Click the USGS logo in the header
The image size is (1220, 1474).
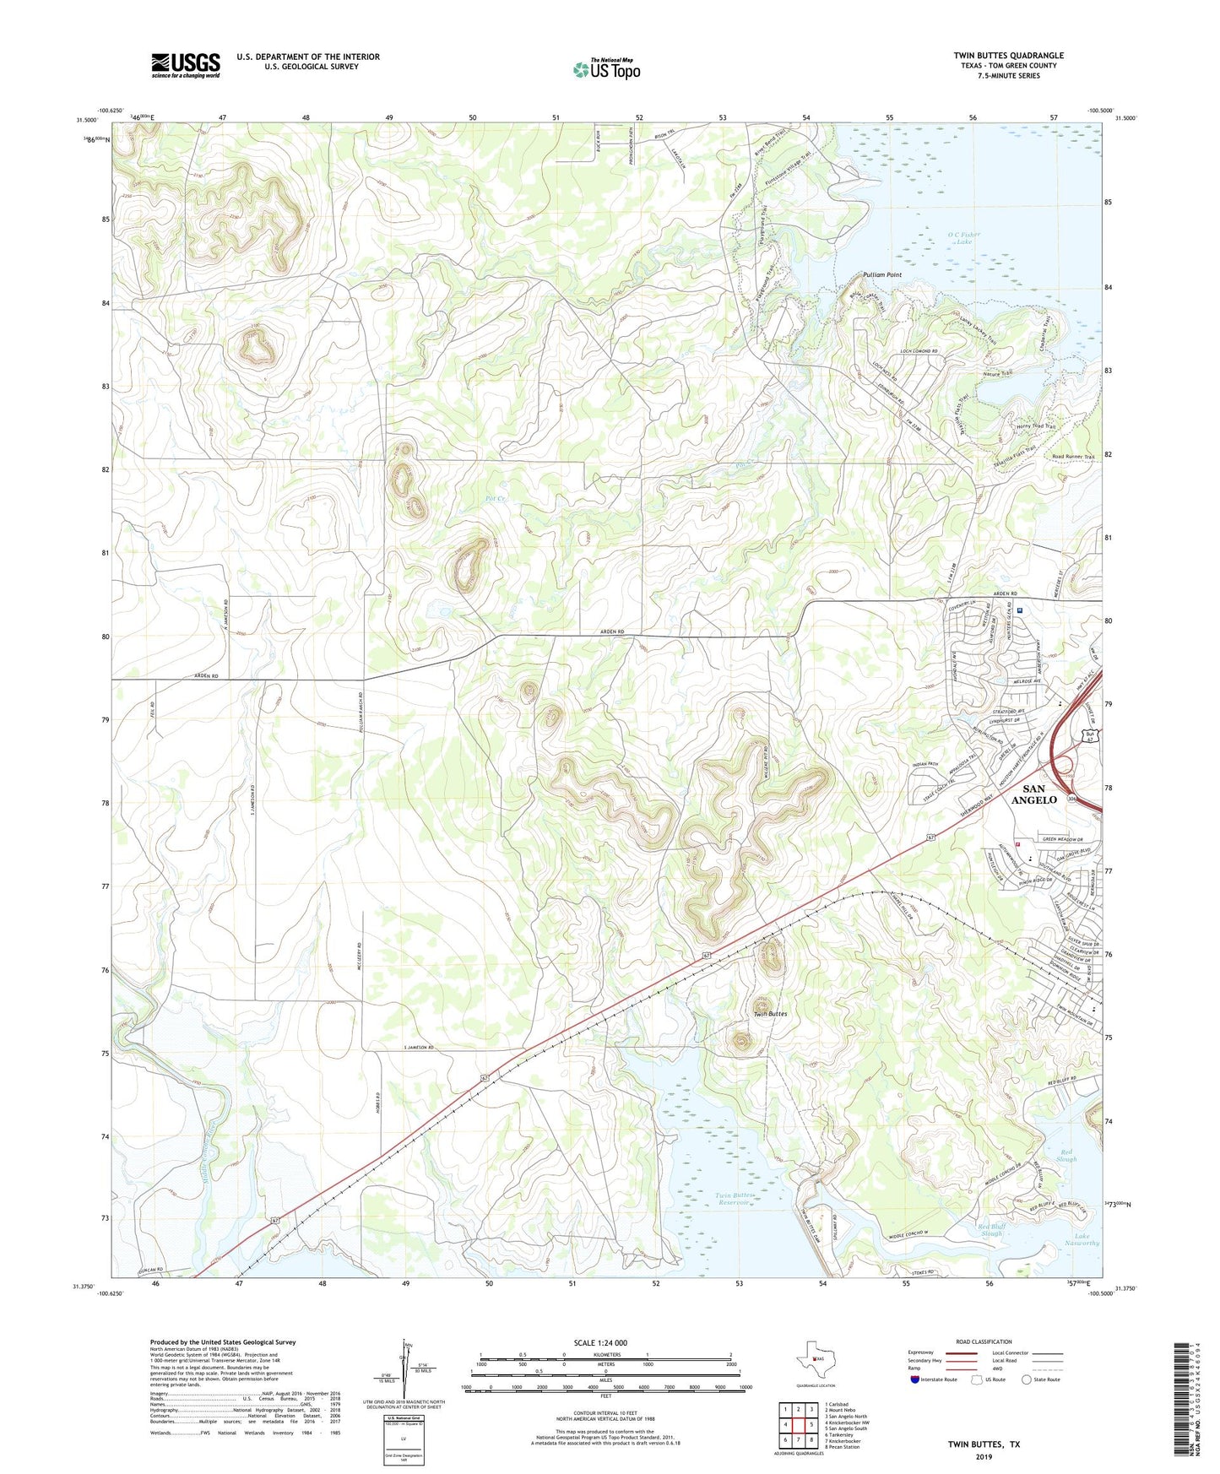185,65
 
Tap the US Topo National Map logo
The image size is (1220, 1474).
606,69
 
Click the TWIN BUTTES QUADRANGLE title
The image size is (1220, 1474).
1008,55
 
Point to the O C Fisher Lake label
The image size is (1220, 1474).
963,238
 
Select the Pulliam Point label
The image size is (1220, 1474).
882,275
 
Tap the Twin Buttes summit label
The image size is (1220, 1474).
770,1014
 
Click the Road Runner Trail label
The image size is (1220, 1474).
1072,458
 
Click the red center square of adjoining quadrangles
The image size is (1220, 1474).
798,1428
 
